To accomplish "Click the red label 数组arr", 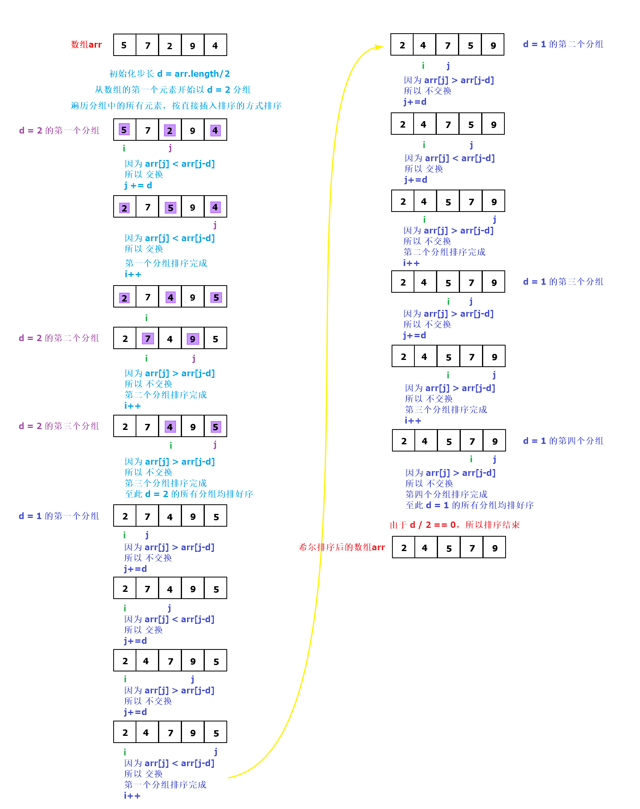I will coord(86,44).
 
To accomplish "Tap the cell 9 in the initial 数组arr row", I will coord(192,45).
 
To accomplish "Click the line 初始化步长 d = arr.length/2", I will coord(169,74).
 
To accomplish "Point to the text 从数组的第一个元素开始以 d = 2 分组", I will coord(172,90).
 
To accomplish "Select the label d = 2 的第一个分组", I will coord(59,130).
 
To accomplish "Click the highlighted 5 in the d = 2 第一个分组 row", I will coord(124,130).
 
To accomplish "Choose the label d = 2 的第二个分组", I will coord(59,338).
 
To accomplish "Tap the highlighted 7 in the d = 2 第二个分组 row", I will coord(148,339).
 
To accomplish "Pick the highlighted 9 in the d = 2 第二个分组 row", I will coord(192,339).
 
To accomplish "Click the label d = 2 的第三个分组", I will coord(59,426).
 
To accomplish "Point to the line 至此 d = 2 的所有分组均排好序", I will coord(189,494).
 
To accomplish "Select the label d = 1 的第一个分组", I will coord(59,516).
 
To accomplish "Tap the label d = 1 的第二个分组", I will coord(563,44).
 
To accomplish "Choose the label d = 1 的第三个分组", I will coord(563,282).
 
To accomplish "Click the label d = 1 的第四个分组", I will coord(563,441).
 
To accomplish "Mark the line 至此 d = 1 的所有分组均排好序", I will coord(470,505).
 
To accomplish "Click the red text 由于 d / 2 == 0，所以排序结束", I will coord(455,525).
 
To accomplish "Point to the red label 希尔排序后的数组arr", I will coord(342,547).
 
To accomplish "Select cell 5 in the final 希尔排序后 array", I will coord(449,548).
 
